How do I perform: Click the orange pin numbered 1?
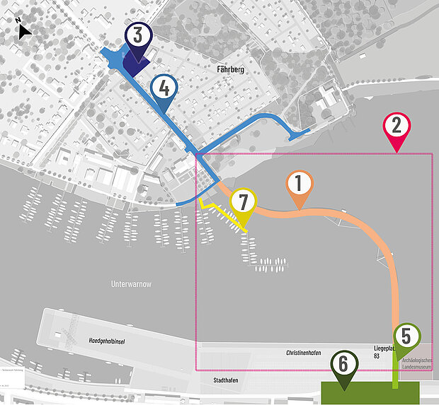pos(298,185)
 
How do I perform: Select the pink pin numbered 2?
pos(397,127)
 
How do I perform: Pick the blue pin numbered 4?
pos(164,89)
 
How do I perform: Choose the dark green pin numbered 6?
pos(343,366)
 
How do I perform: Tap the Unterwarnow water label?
pos(132,284)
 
